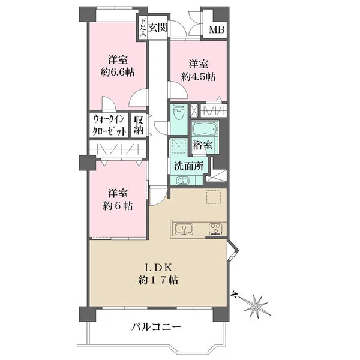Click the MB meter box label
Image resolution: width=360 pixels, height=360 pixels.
(217, 29)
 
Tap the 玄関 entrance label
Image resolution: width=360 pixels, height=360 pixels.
(157, 28)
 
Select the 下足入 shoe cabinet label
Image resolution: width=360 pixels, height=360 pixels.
(143, 28)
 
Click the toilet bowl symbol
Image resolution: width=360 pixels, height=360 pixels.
(179, 112)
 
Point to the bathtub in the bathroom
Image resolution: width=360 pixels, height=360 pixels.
(205, 128)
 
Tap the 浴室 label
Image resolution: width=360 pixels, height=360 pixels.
(203, 145)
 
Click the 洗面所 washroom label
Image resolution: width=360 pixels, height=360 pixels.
(189, 166)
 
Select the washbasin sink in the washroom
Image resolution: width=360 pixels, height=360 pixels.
(183, 181)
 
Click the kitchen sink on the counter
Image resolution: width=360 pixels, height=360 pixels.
(184, 229)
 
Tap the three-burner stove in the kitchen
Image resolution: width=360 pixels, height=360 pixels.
(216, 229)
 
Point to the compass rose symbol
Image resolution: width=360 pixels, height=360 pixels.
(254, 305)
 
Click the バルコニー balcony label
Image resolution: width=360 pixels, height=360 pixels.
(156, 326)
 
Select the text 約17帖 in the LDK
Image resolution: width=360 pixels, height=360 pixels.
(158, 280)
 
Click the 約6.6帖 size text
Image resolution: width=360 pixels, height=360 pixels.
(118, 73)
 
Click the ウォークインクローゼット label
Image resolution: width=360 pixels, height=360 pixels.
(109, 125)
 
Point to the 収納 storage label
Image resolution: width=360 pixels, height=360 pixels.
(139, 125)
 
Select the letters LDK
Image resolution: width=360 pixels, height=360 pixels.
(158, 267)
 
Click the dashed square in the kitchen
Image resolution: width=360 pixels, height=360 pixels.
(214, 197)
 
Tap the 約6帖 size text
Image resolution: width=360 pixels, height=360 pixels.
(118, 206)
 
